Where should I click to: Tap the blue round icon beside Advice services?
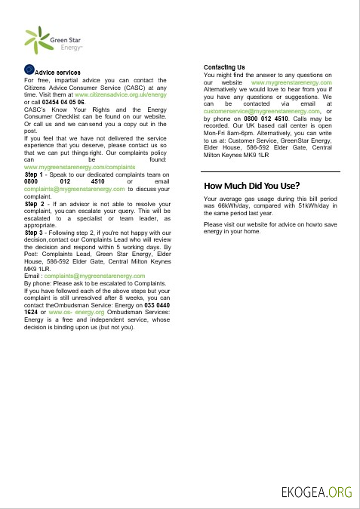pos(30,69)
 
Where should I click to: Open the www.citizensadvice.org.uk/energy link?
pos(121,95)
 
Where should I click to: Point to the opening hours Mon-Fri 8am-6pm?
pos(232,132)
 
